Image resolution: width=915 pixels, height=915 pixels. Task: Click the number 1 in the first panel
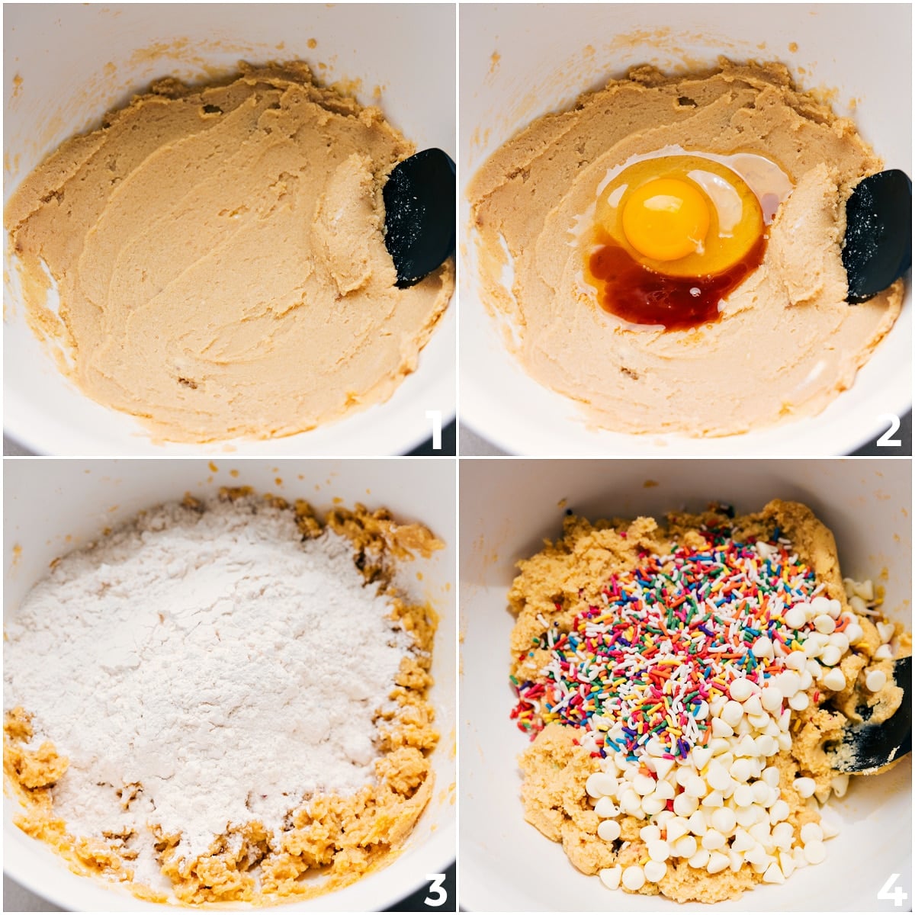pyautogui.click(x=435, y=429)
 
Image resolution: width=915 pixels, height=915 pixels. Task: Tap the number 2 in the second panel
pyautogui.click(x=888, y=429)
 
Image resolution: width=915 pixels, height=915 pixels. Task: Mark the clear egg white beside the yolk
pyautogui.click(x=755, y=183)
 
